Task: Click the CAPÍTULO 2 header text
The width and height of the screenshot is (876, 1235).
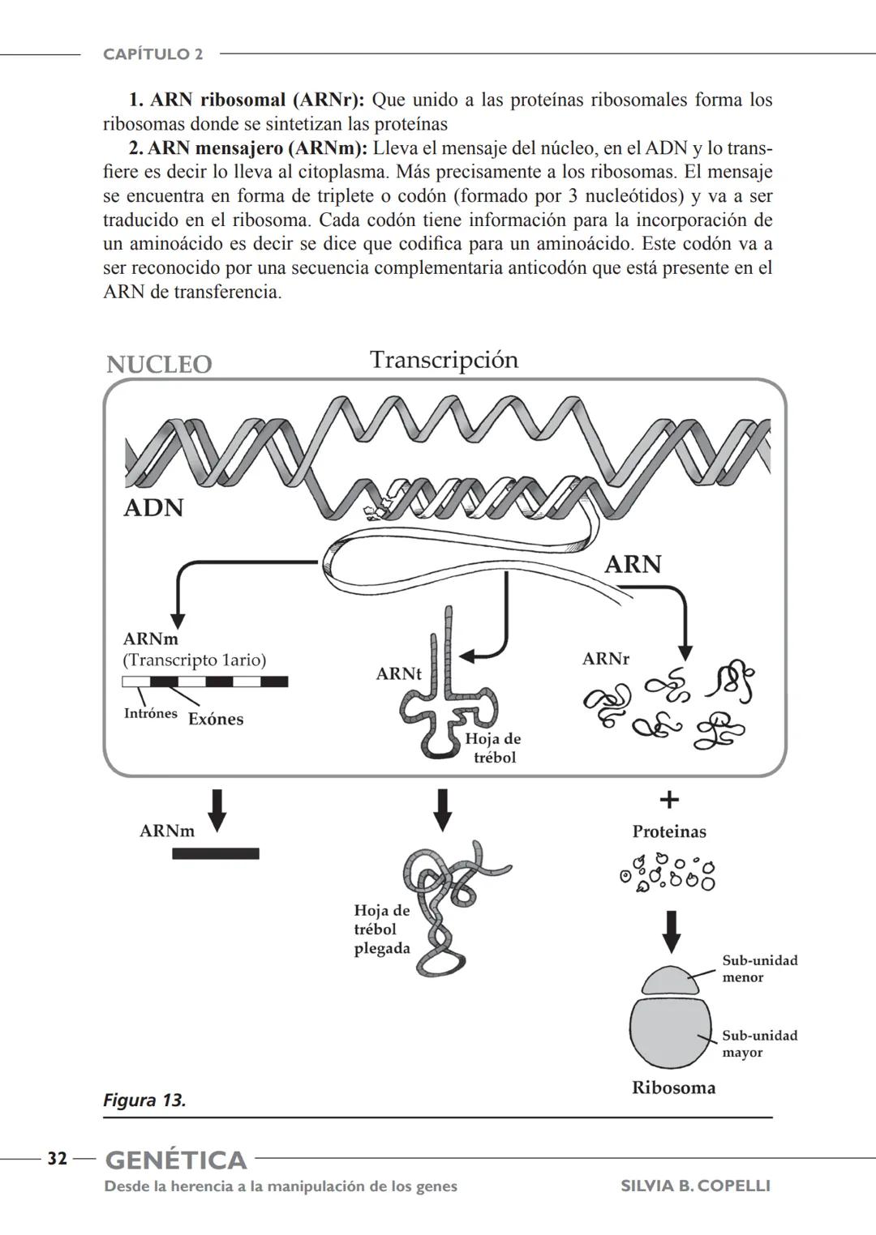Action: (152, 54)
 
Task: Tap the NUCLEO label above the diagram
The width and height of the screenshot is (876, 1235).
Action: (159, 365)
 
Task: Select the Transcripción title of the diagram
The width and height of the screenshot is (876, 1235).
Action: (444, 360)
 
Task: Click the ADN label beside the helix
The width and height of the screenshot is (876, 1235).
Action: (153, 508)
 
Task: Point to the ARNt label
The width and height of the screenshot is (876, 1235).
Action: (398, 674)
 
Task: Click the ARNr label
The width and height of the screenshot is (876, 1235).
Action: (605, 659)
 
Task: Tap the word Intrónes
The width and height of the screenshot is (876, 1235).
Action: (150, 713)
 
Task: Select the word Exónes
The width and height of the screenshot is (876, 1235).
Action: (216, 719)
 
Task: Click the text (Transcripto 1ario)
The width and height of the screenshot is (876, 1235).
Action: (194, 660)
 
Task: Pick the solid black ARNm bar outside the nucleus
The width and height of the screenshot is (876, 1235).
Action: (216, 853)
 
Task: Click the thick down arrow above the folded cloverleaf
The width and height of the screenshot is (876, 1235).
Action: (442, 809)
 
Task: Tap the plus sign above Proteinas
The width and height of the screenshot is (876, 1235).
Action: (668, 801)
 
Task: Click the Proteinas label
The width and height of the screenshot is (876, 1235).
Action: (669, 831)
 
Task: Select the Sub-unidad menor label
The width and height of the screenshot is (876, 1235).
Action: (759, 968)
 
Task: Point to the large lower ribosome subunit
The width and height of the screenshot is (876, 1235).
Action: (670, 1032)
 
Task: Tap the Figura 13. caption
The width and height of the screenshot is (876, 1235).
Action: (144, 1100)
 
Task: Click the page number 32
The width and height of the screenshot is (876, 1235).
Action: (57, 1159)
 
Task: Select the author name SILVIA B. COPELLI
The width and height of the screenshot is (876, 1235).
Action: (695, 1186)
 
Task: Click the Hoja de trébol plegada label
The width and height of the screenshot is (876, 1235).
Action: (382, 929)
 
